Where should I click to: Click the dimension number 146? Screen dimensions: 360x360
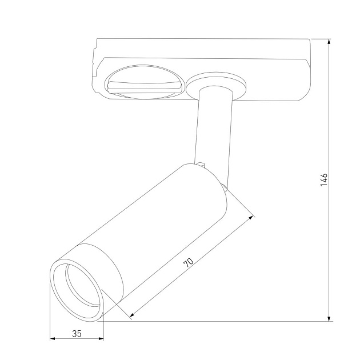[x=323, y=180]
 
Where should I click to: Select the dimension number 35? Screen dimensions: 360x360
[x=76, y=334]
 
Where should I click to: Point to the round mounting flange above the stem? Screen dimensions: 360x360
[x=218, y=83]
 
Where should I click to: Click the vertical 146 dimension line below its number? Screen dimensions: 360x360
[x=330, y=257]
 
